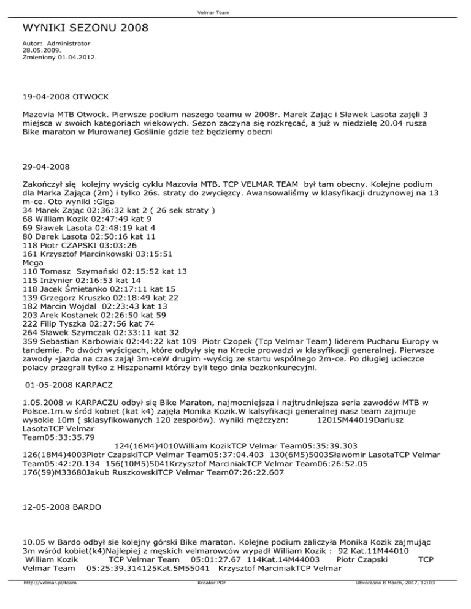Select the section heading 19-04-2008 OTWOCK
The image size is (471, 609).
[64, 97]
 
